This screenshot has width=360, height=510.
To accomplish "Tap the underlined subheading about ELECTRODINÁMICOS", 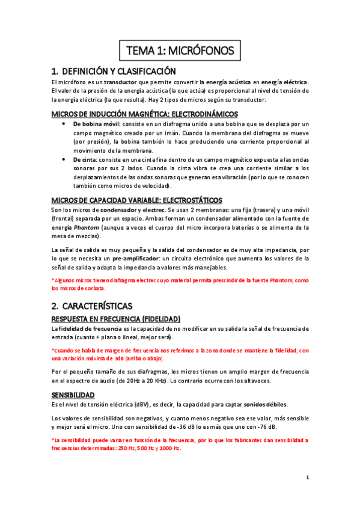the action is [x=144, y=113].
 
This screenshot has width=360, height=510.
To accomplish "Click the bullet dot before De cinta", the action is [x=64, y=159].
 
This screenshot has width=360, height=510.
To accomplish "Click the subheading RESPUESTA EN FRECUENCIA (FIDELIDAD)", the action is [x=115, y=318].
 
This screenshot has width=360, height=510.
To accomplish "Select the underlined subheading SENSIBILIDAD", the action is [x=73, y=395].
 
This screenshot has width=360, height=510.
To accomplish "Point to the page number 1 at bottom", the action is [x=307, y=478].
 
